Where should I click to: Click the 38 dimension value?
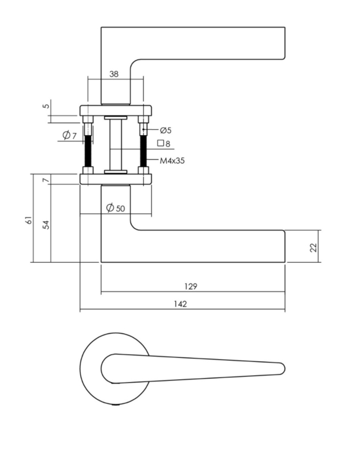pyautogui.click(x=114, y=74)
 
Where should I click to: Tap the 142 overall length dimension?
pyautogui.click(x=180, y=304)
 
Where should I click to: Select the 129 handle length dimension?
pyautogui.click(x=191, y=287)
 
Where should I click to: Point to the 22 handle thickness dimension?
pyautogui.click(x=313, y=247)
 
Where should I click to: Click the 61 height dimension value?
pyautogui.click(x=28, y=220)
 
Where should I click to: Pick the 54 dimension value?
pyautogui.click(x=46, y=225)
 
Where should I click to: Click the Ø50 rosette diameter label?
pyautogui.click(x=115, y=208)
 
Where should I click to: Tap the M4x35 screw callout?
pyautogui.click(x=172, y=160)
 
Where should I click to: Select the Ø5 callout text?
pyautogui.click(x=165, y=130)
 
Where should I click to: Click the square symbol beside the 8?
pyautogui.click(x=160, y=143)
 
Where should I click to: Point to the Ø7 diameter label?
pyautogui.click(x=69, y=135)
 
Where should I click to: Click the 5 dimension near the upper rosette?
pyautogui.click(x=46, y=106)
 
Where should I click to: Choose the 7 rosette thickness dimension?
pyautogui.click(x=45, y=180)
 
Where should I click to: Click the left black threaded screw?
pyautogui.click(x=88, y=151)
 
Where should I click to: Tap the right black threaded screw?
pyautogui.click(x=143, y=151)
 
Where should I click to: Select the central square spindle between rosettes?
pyautogui.click(x=115, y=146)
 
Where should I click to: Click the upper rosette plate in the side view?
pyautogui.click(x=116, y=110)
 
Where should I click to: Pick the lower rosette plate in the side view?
pyautogui.click(x=116, y=179)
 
